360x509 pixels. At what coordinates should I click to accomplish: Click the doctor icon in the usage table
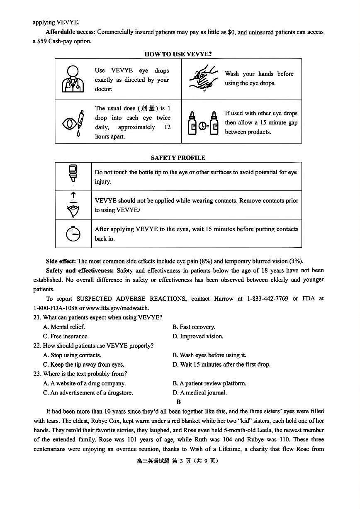click(x=73, y=79)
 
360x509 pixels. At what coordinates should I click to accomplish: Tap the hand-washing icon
click(x=203, y=78)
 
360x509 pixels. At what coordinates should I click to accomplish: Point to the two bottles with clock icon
click(x=203, y=123)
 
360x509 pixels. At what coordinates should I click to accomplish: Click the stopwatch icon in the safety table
click(x=73, y=234)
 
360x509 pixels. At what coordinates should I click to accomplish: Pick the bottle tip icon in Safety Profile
click(x=73, y=173)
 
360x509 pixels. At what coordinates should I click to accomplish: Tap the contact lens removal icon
click(x=73, y=205)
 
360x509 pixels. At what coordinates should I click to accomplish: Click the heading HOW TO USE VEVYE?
click(x=178, y=54)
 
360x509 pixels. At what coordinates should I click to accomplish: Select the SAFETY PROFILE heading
click(x=178, y=158)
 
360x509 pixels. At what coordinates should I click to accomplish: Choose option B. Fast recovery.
click(x=194, y=327)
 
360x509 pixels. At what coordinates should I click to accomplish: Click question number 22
click(x=37, y=346)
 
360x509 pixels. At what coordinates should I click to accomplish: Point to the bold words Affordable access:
click(x=71, y=32)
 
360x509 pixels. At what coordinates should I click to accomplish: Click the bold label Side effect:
click(x=61, y=261)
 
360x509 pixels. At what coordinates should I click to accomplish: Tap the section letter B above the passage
click(x=178, y=402)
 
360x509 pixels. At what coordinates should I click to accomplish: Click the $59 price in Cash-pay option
click(x=42, y=41)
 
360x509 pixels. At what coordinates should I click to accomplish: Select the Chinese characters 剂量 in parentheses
click(x=148, y=108)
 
